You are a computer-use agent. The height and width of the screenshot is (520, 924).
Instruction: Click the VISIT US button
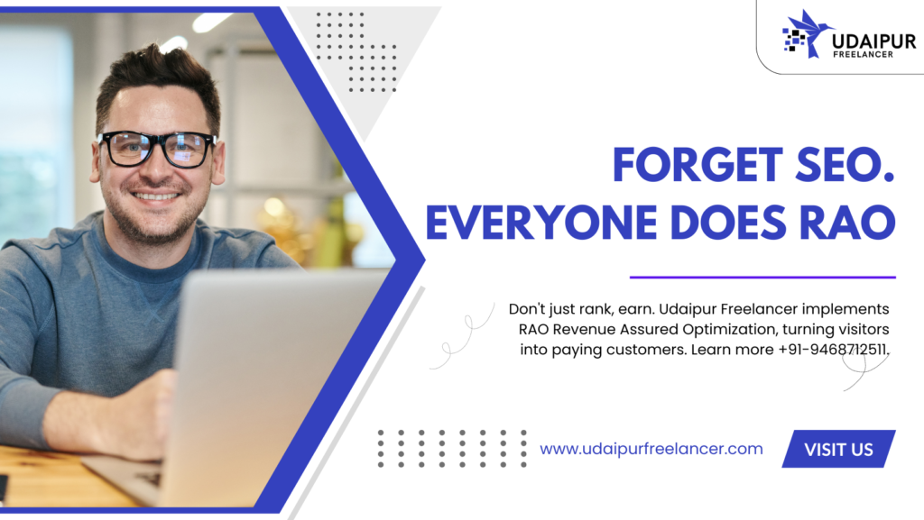click(x=838, y=449)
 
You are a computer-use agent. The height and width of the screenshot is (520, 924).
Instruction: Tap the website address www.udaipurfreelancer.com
click(x=651, y=449)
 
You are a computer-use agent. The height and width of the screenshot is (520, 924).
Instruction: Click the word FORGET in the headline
click(x=698, y=165)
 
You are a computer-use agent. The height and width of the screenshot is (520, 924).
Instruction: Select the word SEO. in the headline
click(x=845, y=165)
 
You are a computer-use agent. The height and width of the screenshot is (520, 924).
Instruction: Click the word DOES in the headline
click(x=728, y=223)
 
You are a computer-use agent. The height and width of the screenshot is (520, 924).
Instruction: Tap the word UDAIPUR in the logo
click(x=874, y=41)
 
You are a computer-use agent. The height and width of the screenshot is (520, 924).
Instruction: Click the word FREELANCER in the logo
click(x=864, y=55)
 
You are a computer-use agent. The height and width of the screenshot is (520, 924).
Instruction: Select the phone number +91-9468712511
click(x=833, y=350)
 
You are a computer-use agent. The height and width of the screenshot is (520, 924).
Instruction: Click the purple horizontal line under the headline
click(x=762, y=277)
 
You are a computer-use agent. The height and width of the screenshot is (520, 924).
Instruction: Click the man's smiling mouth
click(x=155, y=196)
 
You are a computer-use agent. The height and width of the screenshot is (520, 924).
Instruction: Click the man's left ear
click(x=219, y=161)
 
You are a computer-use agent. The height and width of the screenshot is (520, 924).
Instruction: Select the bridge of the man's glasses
click(x=158, y=141)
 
